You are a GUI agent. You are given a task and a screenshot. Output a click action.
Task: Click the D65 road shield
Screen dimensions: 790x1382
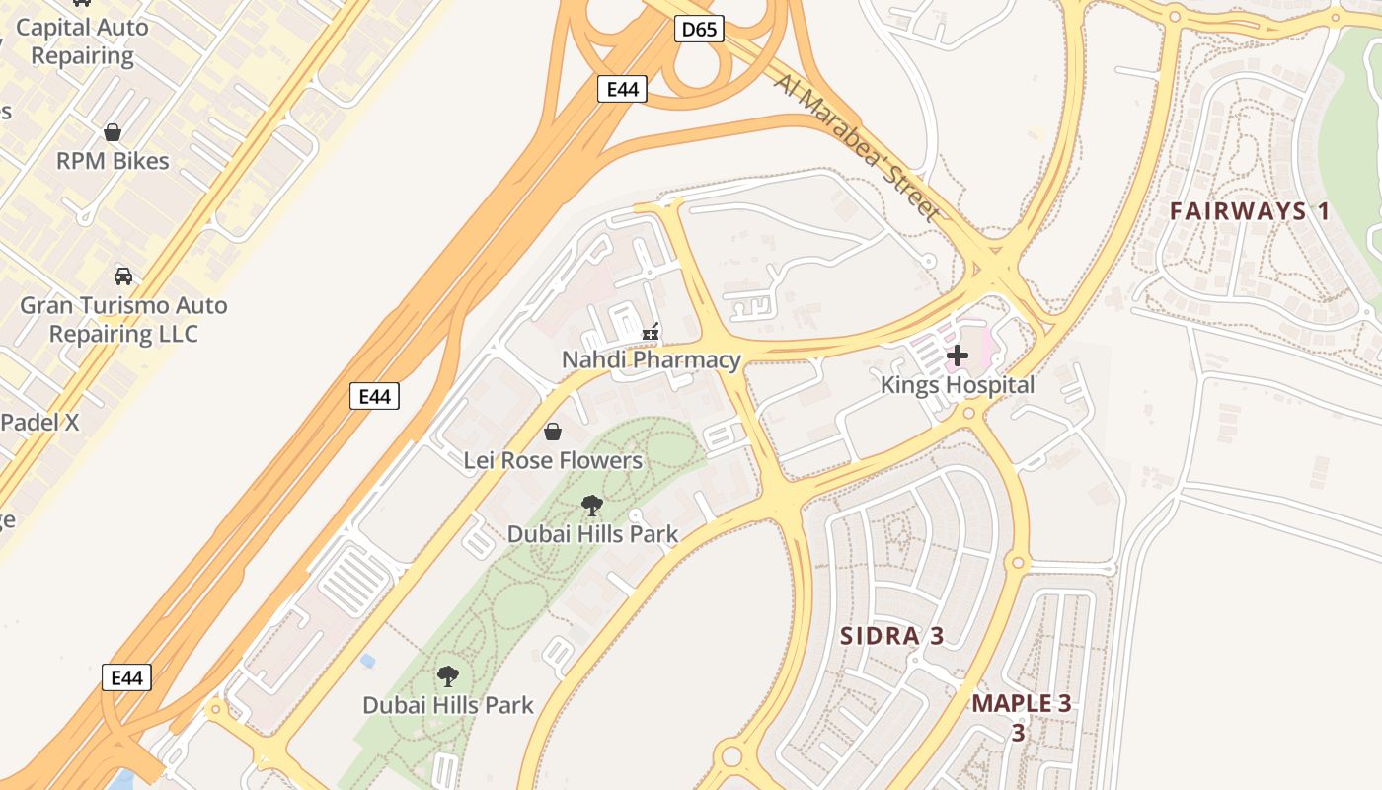coord(699,30)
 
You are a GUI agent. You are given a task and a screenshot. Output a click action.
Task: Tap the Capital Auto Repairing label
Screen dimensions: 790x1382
coord(82,41)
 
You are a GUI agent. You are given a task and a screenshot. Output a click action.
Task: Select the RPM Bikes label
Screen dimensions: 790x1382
coord(113,161)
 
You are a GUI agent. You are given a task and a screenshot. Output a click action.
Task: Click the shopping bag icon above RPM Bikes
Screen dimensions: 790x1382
coord(113,132)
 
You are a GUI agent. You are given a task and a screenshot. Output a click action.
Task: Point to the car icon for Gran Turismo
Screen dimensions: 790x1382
coord(123,276)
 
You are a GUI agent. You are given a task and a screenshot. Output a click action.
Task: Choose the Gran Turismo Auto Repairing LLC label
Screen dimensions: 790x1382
coord(123,320)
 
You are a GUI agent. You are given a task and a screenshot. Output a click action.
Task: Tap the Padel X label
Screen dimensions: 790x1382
coord(39,422)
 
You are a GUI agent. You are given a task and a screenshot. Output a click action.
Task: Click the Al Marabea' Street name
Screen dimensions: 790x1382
coord(856,146)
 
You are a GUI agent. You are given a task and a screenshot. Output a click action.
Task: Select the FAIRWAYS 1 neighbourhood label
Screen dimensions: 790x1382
coord(1250,211)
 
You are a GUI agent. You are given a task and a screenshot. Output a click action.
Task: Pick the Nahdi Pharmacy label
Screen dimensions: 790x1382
coord(651,360)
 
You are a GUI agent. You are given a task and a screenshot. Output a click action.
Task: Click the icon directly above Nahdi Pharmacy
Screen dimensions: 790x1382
coord(651,333)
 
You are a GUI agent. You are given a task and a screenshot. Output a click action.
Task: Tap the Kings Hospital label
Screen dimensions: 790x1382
coord(958,385)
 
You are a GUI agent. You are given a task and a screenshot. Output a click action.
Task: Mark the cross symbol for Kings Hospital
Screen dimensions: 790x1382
coord(958,355)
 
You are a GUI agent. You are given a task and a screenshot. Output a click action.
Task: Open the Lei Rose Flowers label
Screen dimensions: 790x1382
coord(553,460)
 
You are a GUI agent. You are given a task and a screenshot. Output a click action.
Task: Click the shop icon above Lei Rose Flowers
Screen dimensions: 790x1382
coord(553,432)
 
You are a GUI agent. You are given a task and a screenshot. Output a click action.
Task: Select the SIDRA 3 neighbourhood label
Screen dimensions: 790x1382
coord(891,636)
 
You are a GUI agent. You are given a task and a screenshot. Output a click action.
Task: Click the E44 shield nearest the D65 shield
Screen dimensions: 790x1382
coord(622,89)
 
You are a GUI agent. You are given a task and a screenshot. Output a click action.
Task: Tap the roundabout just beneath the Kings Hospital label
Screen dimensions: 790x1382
coord(968,414)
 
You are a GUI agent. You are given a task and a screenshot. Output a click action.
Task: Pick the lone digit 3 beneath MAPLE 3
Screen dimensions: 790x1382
coord(1018,734)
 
